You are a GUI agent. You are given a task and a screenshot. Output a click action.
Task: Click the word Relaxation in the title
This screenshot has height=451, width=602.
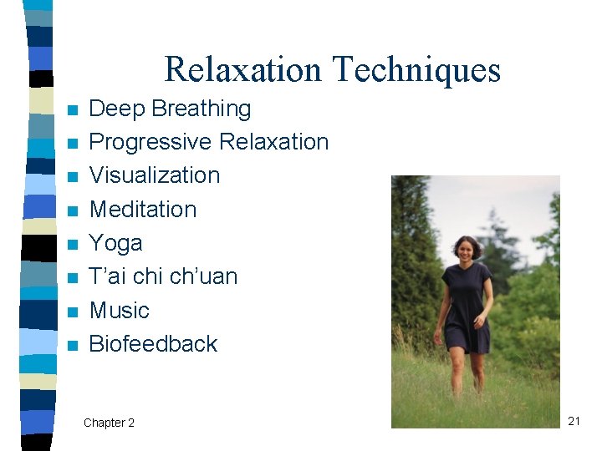[242, 69]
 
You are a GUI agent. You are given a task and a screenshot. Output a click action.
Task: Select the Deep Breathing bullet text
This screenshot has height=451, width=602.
[170, 109]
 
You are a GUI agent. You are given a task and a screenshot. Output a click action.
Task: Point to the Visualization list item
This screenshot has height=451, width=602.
[155, 175]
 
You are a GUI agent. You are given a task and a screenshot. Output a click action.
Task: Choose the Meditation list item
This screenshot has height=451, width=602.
[143, 209]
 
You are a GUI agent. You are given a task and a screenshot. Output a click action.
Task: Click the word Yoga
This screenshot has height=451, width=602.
[115, 243]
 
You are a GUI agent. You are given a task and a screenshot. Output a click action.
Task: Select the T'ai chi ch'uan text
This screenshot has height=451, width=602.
[163, 276]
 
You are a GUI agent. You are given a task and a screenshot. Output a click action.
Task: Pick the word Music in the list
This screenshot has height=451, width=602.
[119, 311]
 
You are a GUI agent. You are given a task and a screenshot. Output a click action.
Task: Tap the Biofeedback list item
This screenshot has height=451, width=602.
[153, 344]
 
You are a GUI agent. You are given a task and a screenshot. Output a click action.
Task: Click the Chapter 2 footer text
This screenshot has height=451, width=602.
[109, 423]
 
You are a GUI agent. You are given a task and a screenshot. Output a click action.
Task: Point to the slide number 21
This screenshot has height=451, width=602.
[574, 421]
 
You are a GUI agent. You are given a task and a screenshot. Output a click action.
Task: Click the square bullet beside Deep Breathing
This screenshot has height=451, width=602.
[74, 110]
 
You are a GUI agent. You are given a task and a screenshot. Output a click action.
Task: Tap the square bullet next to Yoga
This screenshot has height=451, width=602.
[74, 245]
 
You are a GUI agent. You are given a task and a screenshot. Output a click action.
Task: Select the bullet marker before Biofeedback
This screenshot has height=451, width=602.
[74, 346]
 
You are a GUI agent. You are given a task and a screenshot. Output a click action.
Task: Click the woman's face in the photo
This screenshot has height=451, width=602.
[464, 249]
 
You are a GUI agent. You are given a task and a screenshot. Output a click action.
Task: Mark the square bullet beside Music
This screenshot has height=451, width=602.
[74, 312]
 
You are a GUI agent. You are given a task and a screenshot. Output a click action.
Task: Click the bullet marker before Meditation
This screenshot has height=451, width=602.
[74, 210]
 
